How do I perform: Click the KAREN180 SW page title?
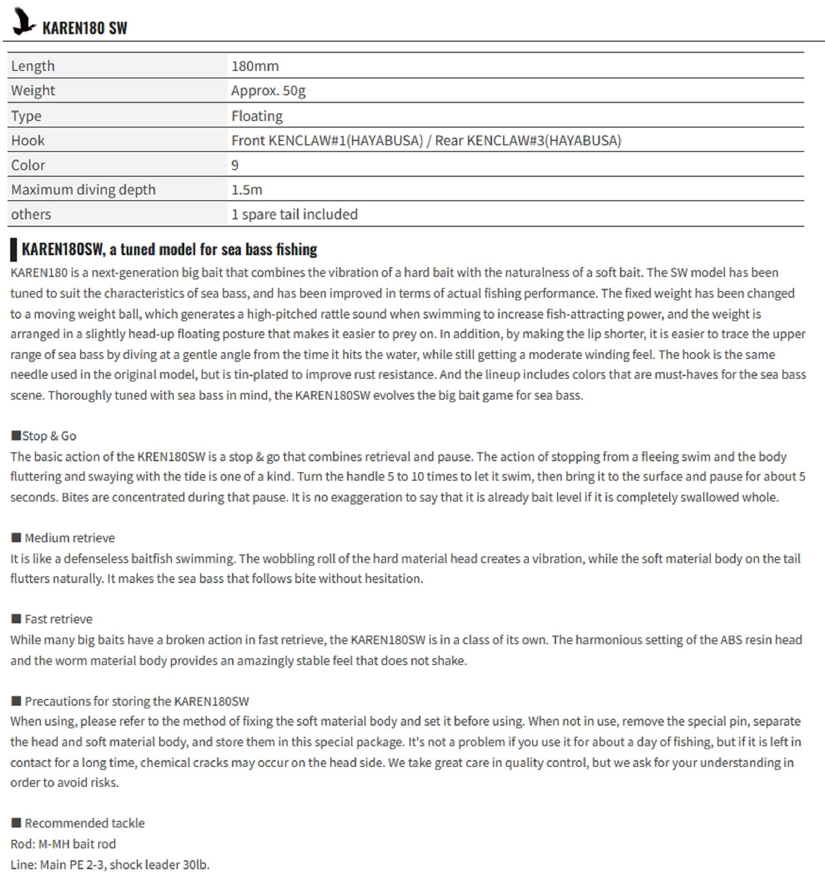[85, 28]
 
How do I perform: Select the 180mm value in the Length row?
[255, 66]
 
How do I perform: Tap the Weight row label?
[33, 90]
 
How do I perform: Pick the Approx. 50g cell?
[268, 90]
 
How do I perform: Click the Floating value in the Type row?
[256, 116]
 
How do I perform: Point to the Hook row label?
[27, 140]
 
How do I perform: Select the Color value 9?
[235, 165]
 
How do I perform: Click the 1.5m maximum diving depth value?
[246, 190]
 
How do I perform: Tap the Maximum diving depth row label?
[83, 190]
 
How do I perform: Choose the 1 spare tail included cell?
[294, 214]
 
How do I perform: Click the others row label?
[31, 214]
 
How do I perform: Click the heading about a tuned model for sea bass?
[169, 249]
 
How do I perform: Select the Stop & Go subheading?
[49, 436]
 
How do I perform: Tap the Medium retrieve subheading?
[70, 538]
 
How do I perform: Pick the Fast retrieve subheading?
[58, 619]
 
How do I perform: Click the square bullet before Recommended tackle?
[16, 823]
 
